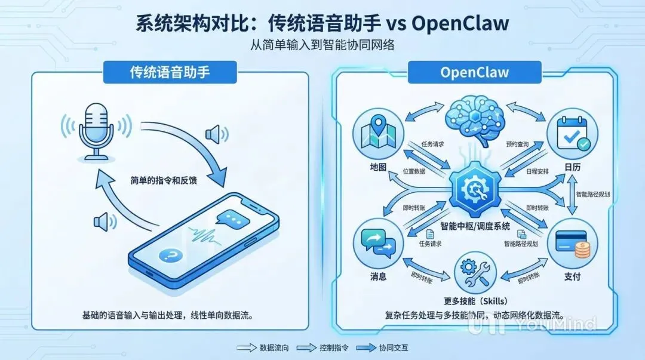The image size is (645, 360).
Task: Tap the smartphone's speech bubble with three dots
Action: pyautogui.click(x=233, y=219)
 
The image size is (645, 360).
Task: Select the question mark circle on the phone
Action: pyautogui.click(x=171, y=256)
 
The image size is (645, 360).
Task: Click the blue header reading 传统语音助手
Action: pyautogui.click(x=171, y=72)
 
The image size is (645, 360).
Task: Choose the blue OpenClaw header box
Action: pyautogui.click(x=475, y=72)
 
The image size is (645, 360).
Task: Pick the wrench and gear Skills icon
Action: pyautogui.click(x=475, y=272)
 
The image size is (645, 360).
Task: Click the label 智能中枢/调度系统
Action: pyautogui.click(x=475, y=226)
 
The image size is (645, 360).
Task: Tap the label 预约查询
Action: pyautogui.click(x=518, y=144)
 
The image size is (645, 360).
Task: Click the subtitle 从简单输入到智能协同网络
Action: pyautogui.click(x=322, y=45)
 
